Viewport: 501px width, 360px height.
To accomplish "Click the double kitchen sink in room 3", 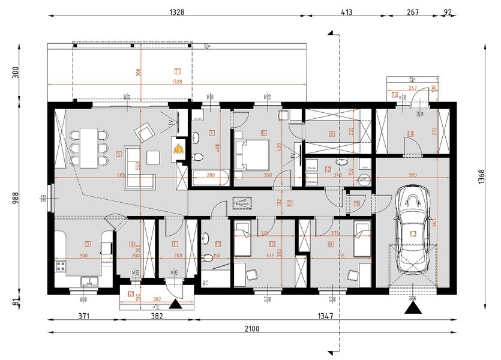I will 89,280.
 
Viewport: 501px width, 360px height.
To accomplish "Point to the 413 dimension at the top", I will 346,11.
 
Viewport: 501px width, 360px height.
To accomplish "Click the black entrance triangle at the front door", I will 175,305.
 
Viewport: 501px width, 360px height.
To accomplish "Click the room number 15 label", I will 357,203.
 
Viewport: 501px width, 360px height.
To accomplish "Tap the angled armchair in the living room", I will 145,131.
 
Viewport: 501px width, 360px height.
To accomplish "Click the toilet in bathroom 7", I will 198,157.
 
